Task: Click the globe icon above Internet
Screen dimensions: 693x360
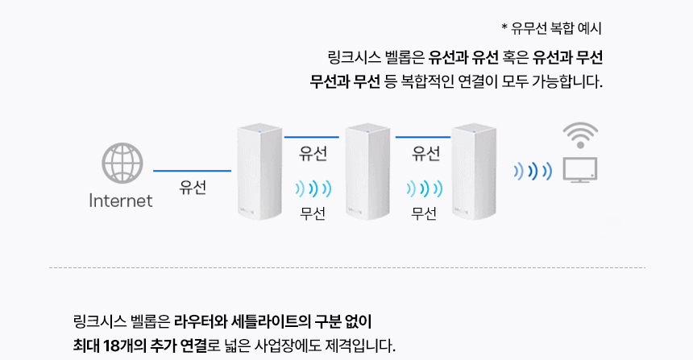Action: click(x=122, y=163)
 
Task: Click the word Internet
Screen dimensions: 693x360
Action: click(x=121, y=201)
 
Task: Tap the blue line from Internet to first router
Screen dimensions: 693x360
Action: click(x=193, y=171)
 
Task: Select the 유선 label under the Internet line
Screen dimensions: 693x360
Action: click(x=193, y=188)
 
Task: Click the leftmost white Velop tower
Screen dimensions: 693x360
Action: click(x=259, y=172)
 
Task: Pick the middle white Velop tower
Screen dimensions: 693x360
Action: click(x=367, y=172)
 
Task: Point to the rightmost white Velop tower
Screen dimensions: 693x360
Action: click(x=474, y=172)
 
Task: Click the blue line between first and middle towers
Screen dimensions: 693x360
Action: click(x=312, y=137)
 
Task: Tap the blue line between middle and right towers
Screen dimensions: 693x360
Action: click(x=423, y=137)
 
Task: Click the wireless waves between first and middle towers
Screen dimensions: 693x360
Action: click(x=313, y=188)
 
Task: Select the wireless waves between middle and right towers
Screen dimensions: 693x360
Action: click(x=425, y=188)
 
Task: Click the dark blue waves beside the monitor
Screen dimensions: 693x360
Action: click(x=533, y=171)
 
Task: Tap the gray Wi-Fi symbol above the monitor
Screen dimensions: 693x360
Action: click(x=580, y=135)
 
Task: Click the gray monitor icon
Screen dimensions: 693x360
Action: click(x=580, y=170)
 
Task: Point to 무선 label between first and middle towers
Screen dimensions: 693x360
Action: click(x=313, y=213)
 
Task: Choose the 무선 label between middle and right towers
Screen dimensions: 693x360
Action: click(x=424, y=213)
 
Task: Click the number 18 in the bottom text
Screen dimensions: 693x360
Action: click(x=111, y=346)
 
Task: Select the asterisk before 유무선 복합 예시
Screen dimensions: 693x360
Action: click(x=504, y=27)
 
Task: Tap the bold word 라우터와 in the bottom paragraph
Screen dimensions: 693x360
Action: click(x=198, y=321)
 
